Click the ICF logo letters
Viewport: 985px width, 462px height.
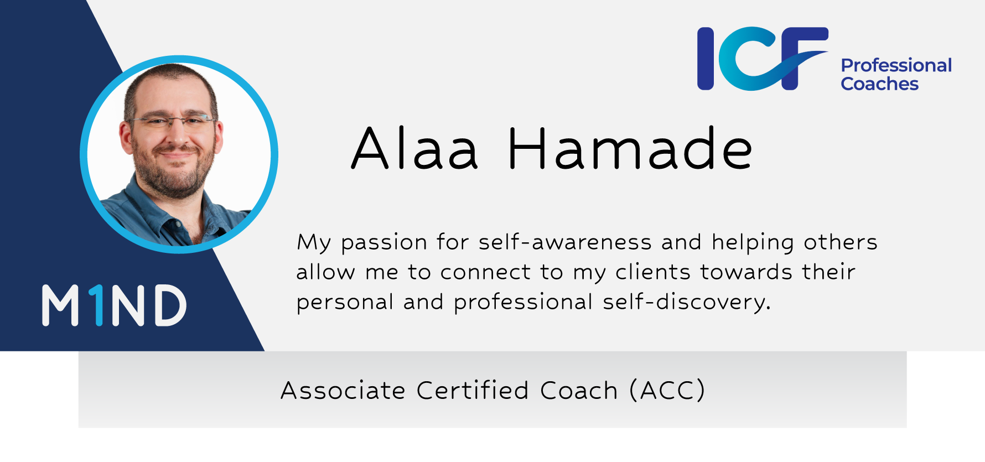(763, 58)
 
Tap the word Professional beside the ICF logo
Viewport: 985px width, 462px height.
(896, 66)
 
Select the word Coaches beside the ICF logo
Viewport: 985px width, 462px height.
(880, 84)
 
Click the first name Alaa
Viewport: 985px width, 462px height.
(414, 148)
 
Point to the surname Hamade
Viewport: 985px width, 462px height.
(630, 148)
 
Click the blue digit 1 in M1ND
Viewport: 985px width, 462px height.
(97, 305)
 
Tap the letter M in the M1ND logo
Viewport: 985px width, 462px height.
(60, 305)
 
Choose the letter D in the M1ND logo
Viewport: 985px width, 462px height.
(170, 305)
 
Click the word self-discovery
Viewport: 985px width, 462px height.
(686, 303)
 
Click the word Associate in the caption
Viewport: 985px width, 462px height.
(343, 391)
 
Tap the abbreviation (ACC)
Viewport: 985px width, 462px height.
(667, 391)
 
